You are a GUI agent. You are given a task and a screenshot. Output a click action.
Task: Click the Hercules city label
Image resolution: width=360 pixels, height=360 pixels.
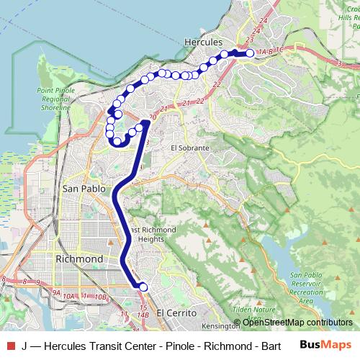[x=202, y=42]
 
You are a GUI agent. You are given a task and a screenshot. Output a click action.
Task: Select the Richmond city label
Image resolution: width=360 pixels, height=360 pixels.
[x=79, y=259]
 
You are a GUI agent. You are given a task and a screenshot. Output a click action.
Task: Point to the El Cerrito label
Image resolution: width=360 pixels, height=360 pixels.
[x=176, y=313]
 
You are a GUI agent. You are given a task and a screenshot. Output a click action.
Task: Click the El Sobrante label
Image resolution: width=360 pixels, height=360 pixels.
[x=189, y=148]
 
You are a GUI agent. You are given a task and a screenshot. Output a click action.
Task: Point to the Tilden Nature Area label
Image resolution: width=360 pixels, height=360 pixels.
[x=250, y=314]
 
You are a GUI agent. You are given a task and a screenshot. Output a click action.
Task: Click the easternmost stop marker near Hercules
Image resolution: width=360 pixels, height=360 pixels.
[x=250, y=53]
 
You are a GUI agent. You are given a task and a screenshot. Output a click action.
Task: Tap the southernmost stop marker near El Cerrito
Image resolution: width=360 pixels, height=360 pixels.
[x=143, y=287]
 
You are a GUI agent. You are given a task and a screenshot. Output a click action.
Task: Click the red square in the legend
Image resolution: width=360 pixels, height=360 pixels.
[x=10, y=346]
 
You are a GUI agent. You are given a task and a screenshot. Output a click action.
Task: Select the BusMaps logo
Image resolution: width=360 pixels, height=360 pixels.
[x=325, y=345]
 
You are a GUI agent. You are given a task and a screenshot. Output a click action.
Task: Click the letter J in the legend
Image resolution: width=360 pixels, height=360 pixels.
[x=25, y=346]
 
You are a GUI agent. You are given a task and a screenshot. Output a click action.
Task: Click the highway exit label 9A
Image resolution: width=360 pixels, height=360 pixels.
[x=56, y=292]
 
